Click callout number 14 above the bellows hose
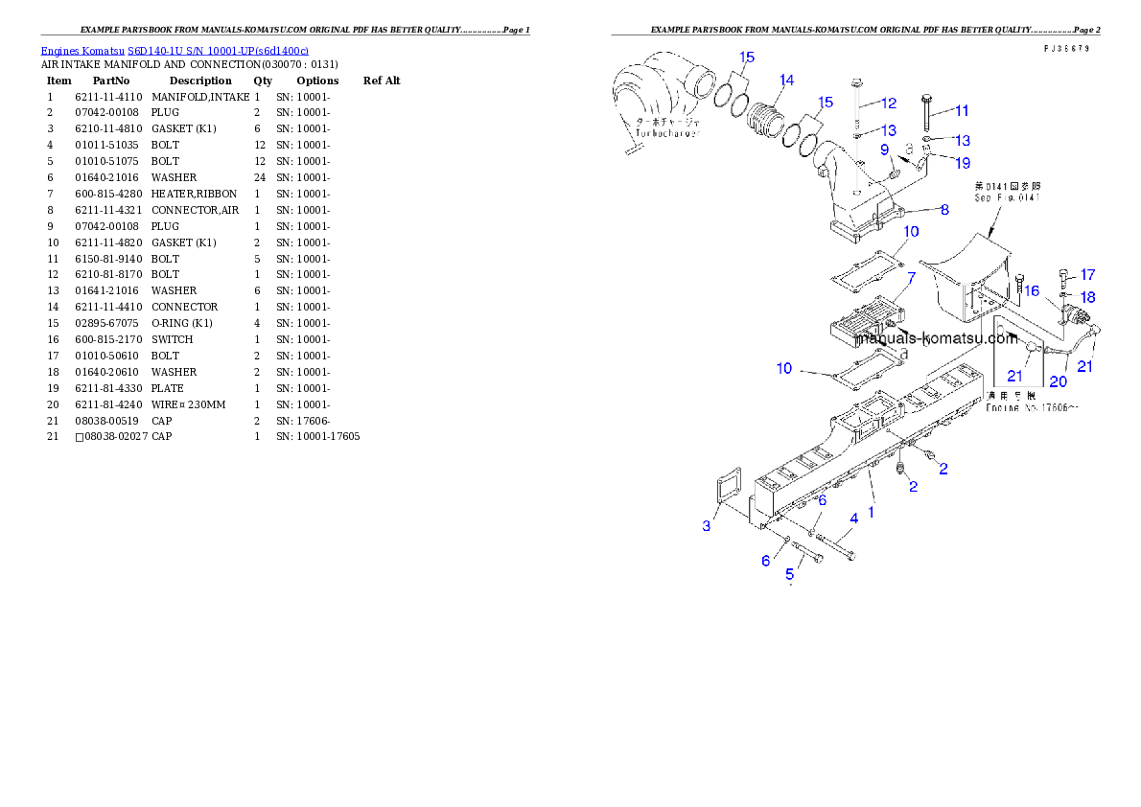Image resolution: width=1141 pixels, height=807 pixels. (786, 81)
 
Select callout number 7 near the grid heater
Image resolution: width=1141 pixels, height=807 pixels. (911, 277)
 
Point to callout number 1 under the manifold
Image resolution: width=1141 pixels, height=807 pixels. (871, 512)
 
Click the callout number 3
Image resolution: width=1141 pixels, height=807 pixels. (707, 525)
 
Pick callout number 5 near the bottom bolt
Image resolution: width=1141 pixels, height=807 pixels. (790, 574)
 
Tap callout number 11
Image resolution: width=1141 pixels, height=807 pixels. (962, 110)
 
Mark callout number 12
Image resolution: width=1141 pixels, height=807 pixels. (889, 103)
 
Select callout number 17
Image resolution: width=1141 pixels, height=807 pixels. (1087, 275)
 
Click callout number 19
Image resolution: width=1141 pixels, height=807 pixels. (963, 163)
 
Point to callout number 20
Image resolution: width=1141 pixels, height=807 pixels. (1058, 380)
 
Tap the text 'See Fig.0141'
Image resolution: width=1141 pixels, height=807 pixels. (1008, 197)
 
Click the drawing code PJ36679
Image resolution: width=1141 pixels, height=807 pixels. (1072, 48)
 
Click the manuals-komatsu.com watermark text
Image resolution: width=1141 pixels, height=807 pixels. (935, 337)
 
